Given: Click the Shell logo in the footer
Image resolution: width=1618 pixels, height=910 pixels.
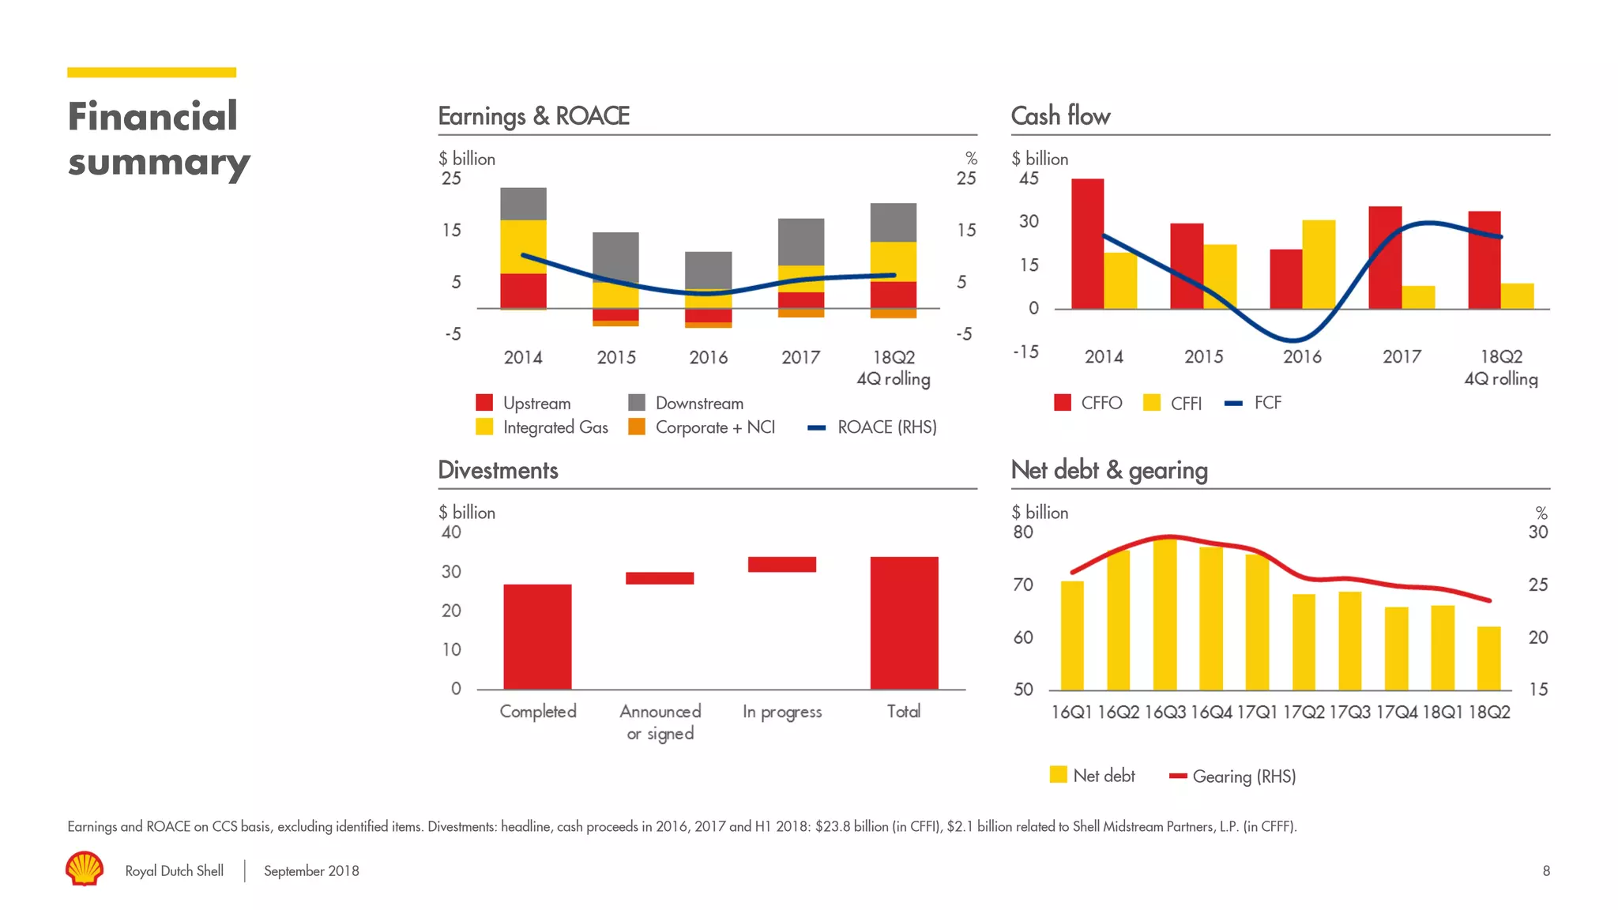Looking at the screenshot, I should [x=85, y=868].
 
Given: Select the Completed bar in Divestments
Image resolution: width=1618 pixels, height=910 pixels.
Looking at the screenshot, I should [x=537, y=636].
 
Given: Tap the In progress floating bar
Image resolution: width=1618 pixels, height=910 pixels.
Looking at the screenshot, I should [x=781, y=564].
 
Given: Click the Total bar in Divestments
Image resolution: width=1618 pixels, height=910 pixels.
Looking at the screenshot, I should [x=904, y=622].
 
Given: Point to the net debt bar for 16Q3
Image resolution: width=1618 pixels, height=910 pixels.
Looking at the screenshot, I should [x=1165, y=615].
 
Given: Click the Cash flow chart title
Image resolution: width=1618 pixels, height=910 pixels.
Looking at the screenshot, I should [x=1060, y=116].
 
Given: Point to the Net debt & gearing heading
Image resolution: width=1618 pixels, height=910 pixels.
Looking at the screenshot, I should [x=1108, y=470].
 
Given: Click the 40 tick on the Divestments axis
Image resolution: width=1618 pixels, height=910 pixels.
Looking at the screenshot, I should [x=451, y=532].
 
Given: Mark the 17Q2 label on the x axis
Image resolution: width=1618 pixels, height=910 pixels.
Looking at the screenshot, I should [x=1303, y=713].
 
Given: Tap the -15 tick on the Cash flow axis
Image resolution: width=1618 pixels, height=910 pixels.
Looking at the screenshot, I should [x=1025, y=352].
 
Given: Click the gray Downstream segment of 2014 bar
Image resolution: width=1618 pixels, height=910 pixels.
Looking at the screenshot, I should [x=523, y=204].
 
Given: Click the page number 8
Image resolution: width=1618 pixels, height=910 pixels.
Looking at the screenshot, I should [x=1545, y=871].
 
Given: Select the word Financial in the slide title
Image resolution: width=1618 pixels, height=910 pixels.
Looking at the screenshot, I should [x=152, y=116].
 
